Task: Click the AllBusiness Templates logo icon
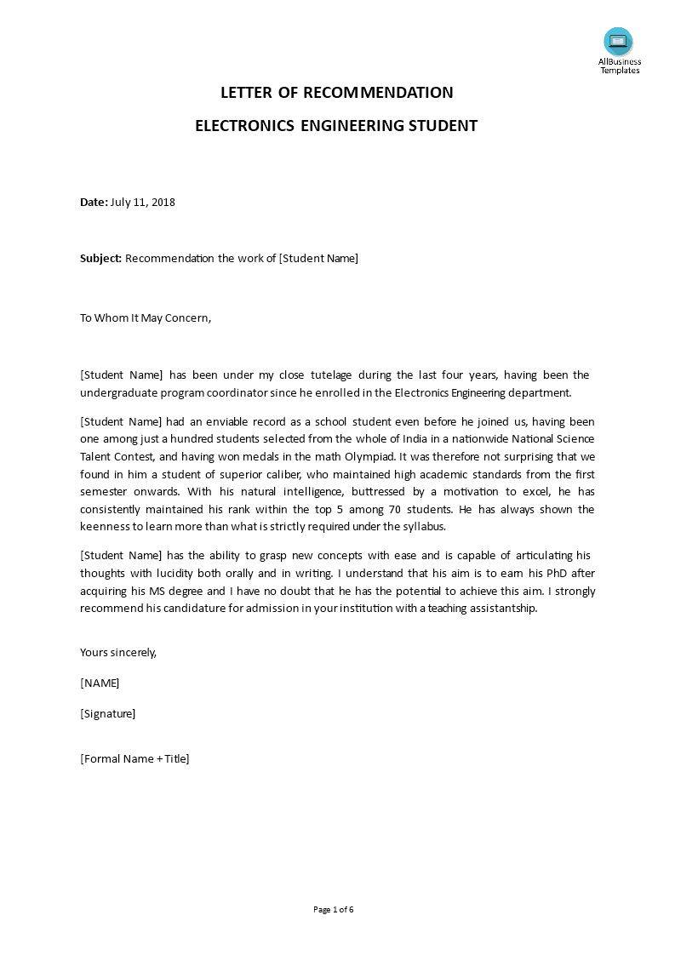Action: coord(619,41)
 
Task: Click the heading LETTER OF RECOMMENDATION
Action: coord(337,93)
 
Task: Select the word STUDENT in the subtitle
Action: coord(440,126)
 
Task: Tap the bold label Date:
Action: coord(94,202)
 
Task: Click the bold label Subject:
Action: coord(101,258)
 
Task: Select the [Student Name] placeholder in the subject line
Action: coord(318,258)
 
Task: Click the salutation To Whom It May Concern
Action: coord(145,317)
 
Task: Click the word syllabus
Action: coord(422,526)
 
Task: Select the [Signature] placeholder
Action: coord(107,713)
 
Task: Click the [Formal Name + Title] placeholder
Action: coord(134,758)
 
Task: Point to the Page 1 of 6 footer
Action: coord(333,909)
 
